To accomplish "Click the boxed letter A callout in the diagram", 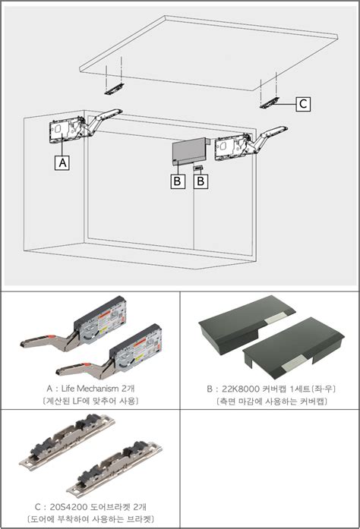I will click(x=62, y=162).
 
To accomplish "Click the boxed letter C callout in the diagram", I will click(x=302, y=105).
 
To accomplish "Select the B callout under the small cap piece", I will click(x=200, y=181).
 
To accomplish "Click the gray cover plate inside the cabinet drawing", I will click(x=189, y=151).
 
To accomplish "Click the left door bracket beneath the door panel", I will click(x=114, y=88).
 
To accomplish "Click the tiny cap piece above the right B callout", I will click(x=198, y=166).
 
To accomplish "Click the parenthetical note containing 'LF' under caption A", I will click(x=90, y=400).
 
